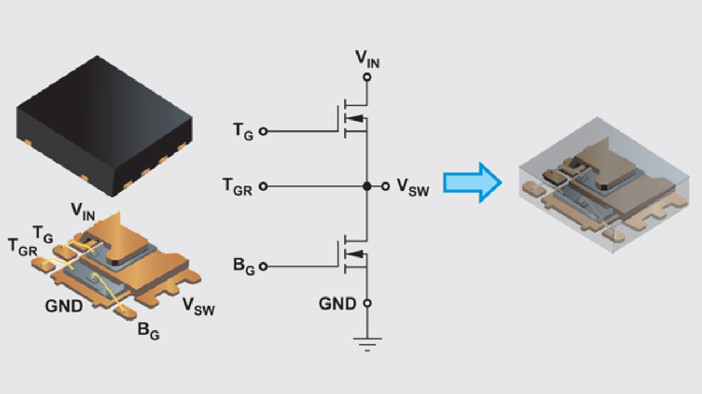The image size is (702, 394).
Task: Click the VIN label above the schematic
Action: (367, 59)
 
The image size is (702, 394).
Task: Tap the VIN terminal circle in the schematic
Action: (367, 77)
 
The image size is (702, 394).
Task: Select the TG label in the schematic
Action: (243, 131)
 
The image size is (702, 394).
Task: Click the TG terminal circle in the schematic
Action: (263, 132)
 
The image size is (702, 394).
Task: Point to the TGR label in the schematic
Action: (237, 186)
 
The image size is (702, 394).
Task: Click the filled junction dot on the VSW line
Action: (367, 186)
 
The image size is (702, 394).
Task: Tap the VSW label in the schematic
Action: (412, 187)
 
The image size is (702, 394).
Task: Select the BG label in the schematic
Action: (244, 266)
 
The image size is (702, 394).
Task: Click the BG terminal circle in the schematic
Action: (263, 266)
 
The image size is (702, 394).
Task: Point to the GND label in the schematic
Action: (337, 303)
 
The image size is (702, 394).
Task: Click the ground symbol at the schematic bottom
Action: (367, 342)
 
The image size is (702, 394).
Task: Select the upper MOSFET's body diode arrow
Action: (355, 118)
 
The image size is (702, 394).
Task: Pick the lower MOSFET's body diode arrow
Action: (355, 253)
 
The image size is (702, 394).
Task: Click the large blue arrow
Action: (472, 182)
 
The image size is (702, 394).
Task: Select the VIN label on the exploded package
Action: (83, 211)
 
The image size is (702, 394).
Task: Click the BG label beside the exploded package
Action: (148, 330)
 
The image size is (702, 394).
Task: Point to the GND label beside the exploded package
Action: (64, 305)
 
